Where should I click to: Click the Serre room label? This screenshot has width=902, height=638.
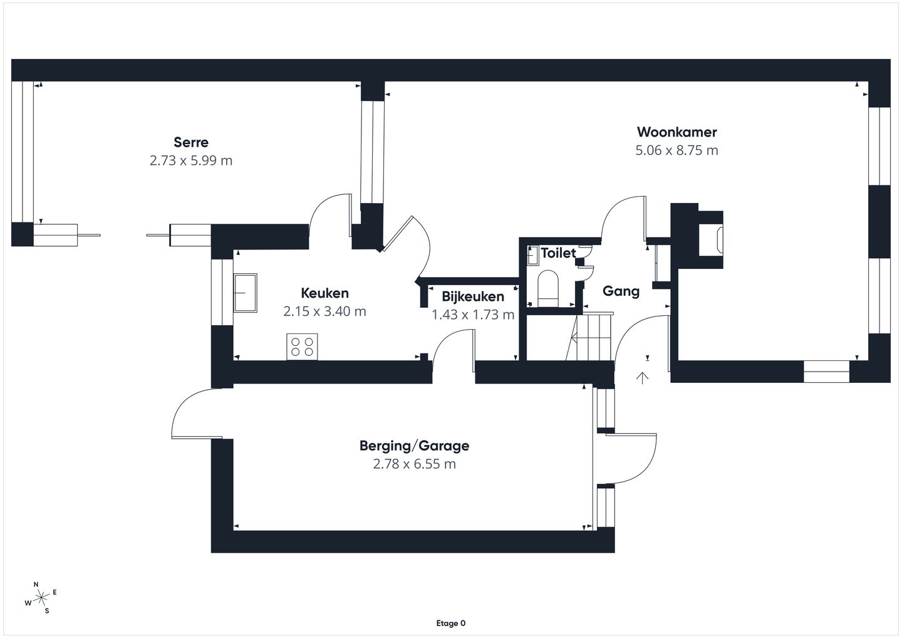pos(191,142)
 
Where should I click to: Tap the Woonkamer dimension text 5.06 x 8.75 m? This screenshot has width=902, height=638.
pos(676,150)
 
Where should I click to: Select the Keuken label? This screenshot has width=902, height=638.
pos(324,293)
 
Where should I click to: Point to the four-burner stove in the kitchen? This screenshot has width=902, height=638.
pos(302,347)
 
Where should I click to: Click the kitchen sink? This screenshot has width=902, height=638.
pos(246,293)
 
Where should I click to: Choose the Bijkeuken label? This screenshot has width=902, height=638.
pos(473,296)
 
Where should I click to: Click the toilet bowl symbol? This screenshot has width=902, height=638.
pos(548,288)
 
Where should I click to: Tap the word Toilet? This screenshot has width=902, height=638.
pos(558,253)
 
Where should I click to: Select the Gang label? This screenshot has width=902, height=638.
pos(621,291)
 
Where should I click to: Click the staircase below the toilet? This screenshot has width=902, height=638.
pos(591,337)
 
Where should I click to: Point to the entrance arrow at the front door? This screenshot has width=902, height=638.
pos(642,377)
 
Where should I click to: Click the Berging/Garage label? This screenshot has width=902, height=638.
pos(415,446)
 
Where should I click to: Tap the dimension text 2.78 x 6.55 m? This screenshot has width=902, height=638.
pos(415,464)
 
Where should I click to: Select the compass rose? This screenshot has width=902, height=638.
pos(41,598)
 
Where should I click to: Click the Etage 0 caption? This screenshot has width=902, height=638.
pos(450,623)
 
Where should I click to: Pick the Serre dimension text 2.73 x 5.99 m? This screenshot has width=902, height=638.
pos(191,160)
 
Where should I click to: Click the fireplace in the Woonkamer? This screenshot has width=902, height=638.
pos(711,239)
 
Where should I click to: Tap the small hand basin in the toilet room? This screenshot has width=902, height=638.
pos(532,255)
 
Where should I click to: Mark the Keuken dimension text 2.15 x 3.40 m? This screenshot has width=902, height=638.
pos(324,311)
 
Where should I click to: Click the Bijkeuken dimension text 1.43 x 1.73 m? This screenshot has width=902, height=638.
pos(473,315)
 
